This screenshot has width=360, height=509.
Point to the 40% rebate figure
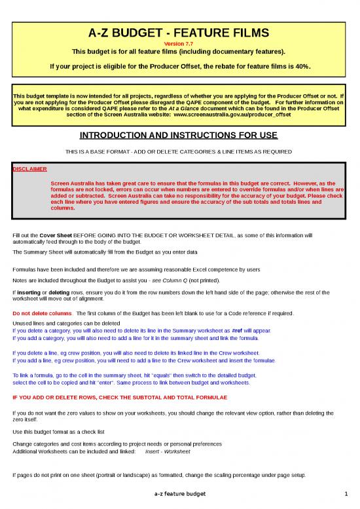coord(298,66)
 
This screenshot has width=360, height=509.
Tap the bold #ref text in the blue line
coord(239,331)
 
